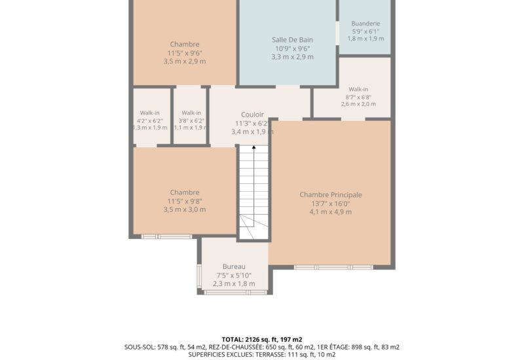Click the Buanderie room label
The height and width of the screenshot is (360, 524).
(365, 24)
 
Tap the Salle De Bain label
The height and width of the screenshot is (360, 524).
(292, 40)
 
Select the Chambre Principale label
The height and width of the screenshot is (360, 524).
(331, 194)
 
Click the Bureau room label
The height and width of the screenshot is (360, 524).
(234, 266)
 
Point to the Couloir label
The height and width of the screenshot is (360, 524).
(252, 115)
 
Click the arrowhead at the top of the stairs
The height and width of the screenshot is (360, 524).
(253, 147)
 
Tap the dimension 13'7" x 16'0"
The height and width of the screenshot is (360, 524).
(331, 204)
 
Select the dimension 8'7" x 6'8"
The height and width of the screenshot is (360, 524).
(358, 97)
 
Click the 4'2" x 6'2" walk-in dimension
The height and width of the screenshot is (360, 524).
(150, 121)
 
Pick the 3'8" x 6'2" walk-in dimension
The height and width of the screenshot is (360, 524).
(191, 121)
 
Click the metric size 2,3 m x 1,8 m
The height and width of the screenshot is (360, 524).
(234, 284)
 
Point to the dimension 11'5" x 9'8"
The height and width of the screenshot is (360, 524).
(185, 201)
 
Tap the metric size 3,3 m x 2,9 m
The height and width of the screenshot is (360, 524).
(292, 57)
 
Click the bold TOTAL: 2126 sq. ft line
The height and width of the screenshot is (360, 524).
(262, 340)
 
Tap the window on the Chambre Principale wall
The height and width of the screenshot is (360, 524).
(333, 267)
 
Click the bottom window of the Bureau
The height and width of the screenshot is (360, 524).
(236, 293)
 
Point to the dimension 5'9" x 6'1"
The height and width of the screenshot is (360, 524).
(365, 31)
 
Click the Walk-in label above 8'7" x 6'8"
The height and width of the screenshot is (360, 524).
(358, 89)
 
